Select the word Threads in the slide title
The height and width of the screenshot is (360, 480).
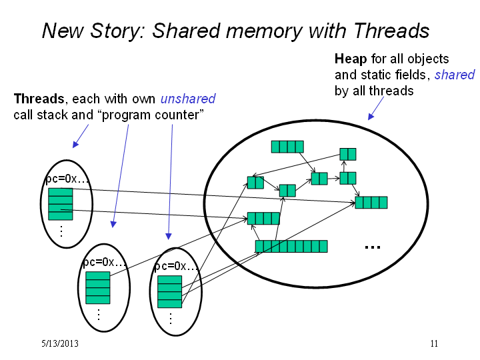point(391,31)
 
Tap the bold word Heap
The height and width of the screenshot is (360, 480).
point(351,59)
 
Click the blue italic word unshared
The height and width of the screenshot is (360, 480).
point(188,99)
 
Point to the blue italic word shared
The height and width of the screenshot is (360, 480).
point(455,75)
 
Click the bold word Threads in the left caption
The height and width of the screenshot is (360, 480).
point(39,99)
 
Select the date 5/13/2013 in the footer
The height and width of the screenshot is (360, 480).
point(60,343)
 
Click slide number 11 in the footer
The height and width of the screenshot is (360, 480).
point(434,343)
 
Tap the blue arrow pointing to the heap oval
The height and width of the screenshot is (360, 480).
point(376,108)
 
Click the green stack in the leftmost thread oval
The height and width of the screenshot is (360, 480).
point(61,204)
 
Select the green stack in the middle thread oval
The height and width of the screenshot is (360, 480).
point(97,287)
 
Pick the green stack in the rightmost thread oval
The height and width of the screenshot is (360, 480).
point(169,292)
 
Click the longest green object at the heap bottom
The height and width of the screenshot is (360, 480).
point(291,247)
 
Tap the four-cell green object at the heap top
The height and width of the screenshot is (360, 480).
point(287,147)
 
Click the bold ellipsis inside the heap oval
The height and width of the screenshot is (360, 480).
point(373,247)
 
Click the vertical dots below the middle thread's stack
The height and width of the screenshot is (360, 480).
point(99,315)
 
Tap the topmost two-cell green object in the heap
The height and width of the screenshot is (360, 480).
point(348,154)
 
